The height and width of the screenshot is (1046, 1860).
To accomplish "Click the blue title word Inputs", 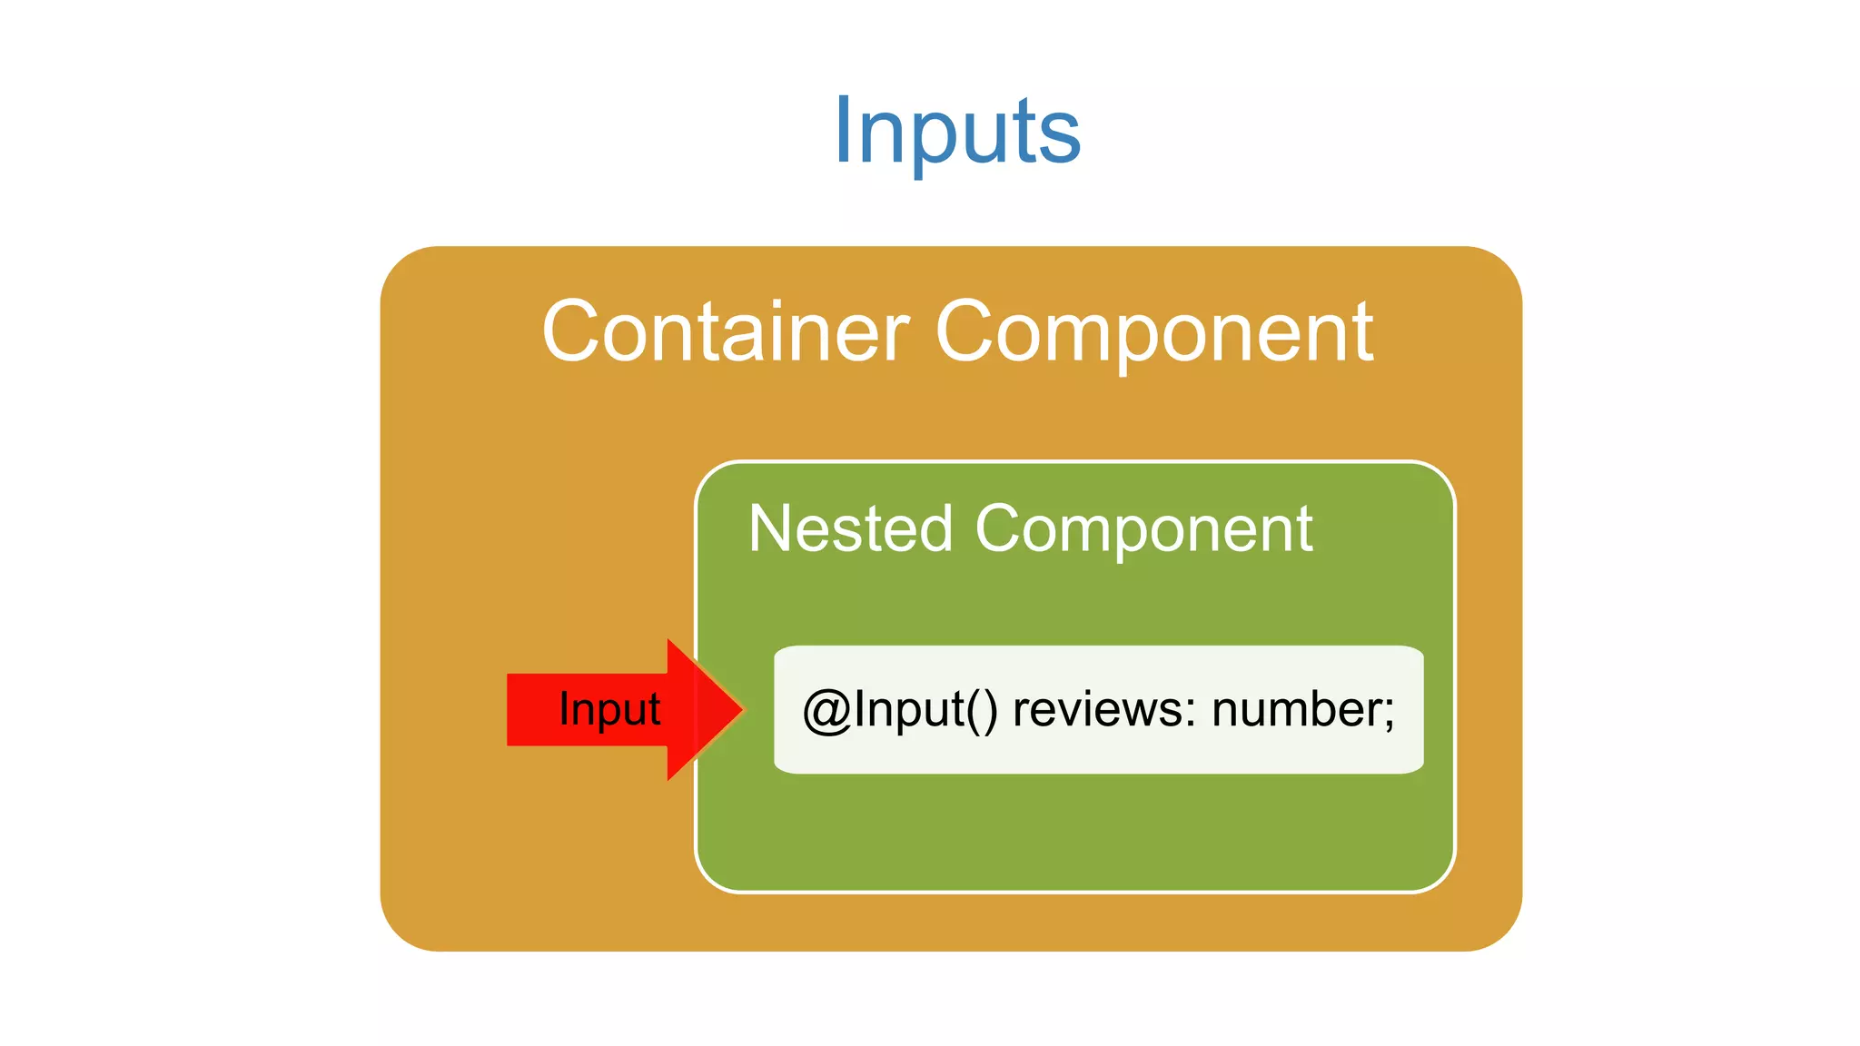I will [x=956, y=132].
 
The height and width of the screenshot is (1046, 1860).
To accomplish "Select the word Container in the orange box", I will [x=725, y=332].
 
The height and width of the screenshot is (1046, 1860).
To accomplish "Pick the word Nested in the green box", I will [x=850, y=528].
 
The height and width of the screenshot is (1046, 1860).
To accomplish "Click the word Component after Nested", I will [x=1143, y=530].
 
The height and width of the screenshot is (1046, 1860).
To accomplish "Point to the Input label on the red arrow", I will [x=609, y=709].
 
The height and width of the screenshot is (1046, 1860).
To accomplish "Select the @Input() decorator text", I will [x=900, y=710].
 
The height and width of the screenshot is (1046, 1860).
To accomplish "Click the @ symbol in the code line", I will [x=826, y=711].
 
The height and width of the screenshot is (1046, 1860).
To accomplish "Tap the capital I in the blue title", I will [x=842, y=131].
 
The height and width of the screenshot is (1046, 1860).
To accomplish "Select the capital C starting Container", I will [x=569, y=332].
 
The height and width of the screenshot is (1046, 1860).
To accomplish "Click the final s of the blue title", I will [x=1060, y=138].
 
